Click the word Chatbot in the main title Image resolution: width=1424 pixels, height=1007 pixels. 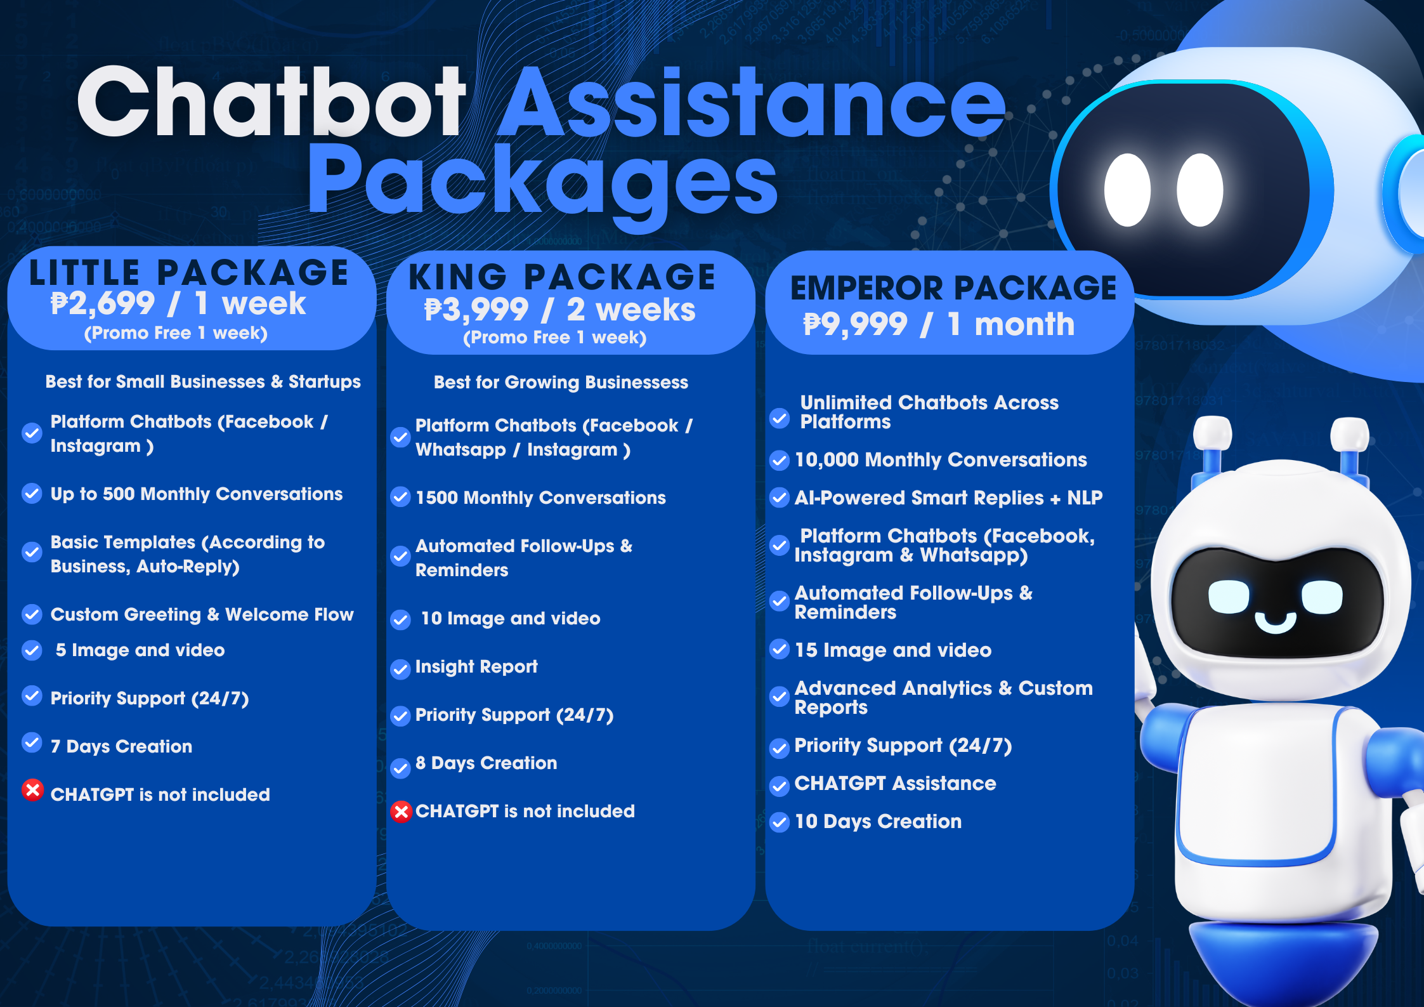pos(271,103)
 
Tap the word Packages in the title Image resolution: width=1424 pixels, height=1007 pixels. pos(542,181)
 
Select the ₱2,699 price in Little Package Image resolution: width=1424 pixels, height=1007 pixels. pos(103,303)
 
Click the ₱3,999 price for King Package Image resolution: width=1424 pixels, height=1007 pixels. pos(476,310)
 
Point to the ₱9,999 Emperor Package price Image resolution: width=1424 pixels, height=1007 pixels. pos(855,324)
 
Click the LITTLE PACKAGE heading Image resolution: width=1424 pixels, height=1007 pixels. pos(189,273)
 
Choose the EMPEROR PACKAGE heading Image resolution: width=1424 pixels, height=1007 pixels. pos(953,288)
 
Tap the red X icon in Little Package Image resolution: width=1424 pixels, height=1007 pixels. pos(32,790)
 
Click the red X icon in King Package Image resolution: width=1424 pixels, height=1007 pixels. pos(401,812)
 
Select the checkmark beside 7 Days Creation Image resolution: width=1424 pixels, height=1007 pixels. pos(32,742)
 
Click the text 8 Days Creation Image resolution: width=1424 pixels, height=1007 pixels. pos(486,763)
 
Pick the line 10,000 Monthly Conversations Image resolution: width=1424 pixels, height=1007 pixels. pos(941,459)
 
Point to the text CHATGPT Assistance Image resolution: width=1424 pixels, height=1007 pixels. pos(895,783)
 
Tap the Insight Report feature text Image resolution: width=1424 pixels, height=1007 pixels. pos(476,666)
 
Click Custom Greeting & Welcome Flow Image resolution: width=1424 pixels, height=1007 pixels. pos(202,614)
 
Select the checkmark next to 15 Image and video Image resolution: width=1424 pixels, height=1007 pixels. pos(779,648)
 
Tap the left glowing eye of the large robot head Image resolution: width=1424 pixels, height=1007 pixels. pos(1127,190)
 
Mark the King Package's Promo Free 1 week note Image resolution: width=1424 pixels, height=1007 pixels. pos(554,338)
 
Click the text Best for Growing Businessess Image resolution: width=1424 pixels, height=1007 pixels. pos(561,382)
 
